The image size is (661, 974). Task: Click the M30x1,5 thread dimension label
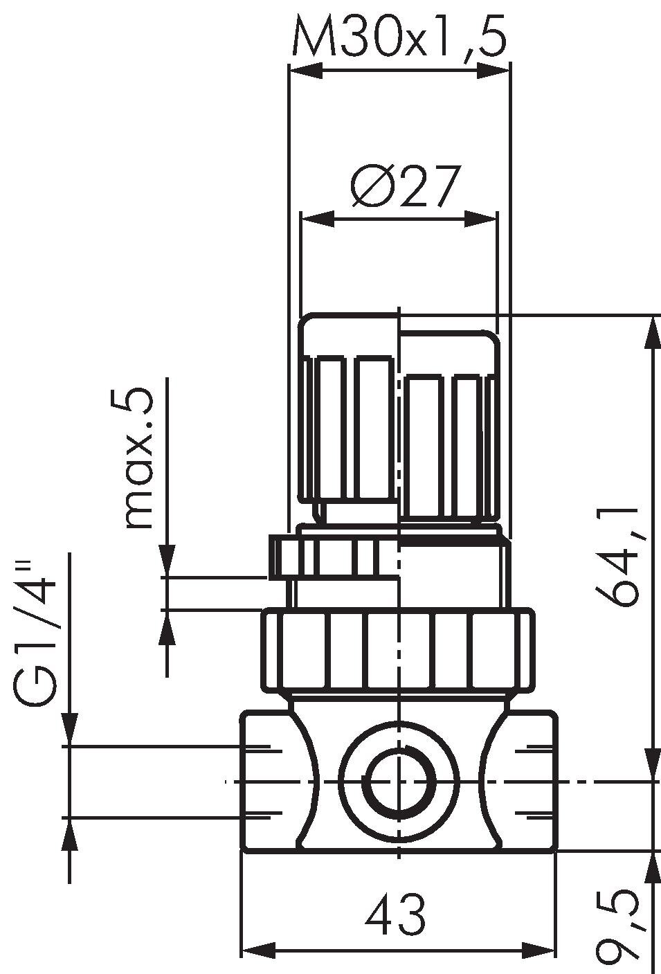tap(399, 37)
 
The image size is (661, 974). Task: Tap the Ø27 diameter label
tap(404, 186)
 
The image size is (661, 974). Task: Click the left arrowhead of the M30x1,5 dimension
tap(306, 71)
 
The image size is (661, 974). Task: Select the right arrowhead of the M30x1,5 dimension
tap(493, 71)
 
